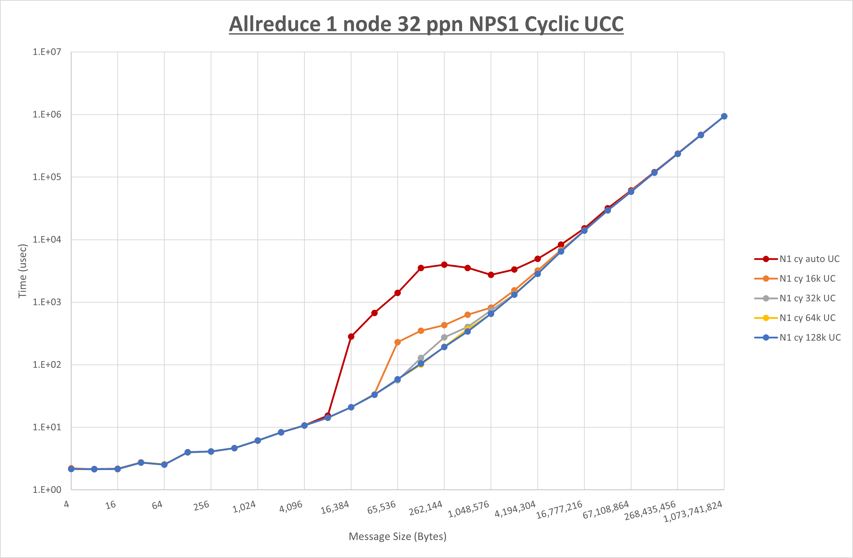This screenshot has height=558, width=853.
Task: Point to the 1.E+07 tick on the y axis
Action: point(47,52)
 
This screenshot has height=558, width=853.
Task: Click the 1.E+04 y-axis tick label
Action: point(47,239)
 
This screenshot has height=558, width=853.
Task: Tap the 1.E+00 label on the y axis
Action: point(47,490)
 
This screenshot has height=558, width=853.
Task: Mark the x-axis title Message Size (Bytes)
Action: point(397,536)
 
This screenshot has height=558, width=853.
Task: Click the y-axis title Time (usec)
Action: point(23,271)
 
